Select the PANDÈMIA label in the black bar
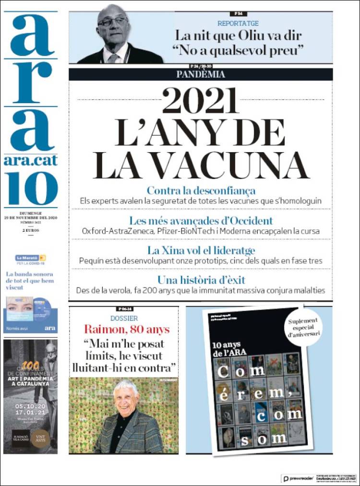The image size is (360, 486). point(200,74)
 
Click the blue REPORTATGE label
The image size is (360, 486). point(238,23)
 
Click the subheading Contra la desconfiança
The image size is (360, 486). point(201,190)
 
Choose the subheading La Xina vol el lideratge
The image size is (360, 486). point(201,250)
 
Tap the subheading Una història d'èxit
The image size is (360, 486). point(201,280)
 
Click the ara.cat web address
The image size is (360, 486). point(31,161)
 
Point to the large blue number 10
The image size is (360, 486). point(32,188)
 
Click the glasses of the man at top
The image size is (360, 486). point(113,21)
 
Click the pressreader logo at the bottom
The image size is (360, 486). point(298,479)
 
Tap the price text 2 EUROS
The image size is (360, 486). point(30,231)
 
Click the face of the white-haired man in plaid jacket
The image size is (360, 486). point(126,395)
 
